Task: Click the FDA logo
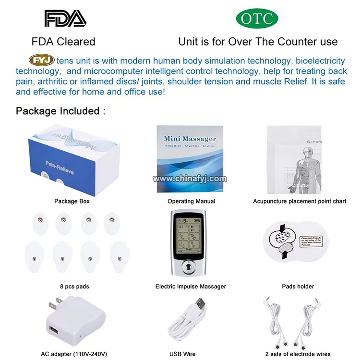[65, 18]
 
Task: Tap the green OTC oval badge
[257, 18]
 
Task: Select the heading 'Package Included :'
[60, 111]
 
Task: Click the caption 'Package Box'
[72, 201]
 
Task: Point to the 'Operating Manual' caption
[191, 201]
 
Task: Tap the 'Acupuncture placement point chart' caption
[300, 201]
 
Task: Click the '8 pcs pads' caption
[74, 287]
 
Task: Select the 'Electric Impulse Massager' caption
[191, 287]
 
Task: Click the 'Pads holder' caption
[298, 287]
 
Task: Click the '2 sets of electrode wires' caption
[298, 354]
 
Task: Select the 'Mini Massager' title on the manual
[190, 139]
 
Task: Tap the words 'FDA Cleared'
[63, 41]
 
